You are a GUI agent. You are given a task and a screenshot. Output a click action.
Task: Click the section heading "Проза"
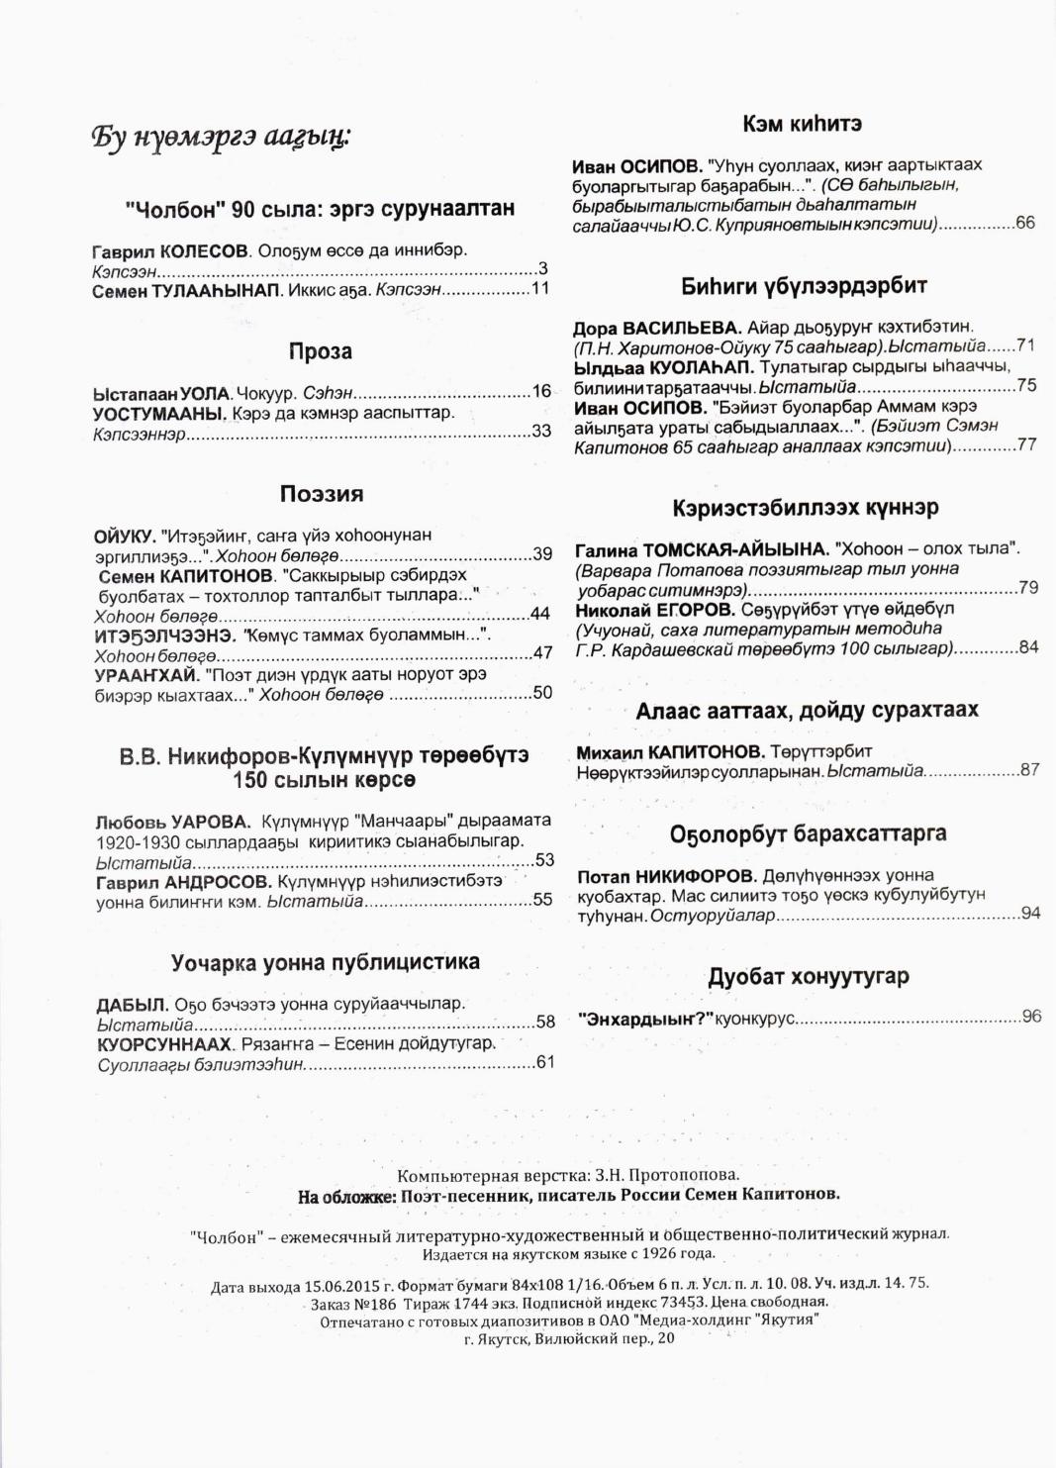320,351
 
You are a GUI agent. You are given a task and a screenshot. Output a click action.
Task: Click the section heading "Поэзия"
322,494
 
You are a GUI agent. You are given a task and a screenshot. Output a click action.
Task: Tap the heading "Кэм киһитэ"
802,124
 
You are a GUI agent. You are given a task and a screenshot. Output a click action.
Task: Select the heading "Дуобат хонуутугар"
808,977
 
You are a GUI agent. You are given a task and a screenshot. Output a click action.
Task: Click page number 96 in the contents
1031,1017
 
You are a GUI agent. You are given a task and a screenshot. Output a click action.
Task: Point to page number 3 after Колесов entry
543,269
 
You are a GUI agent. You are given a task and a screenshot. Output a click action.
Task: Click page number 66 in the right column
1025,223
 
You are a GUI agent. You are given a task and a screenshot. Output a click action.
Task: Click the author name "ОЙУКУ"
125,536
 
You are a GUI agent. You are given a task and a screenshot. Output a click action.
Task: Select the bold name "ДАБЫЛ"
133,1004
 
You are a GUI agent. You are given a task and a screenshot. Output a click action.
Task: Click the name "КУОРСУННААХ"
164,1044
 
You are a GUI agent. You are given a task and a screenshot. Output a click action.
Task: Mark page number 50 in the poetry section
542,693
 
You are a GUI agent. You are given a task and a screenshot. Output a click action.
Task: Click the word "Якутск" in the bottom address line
508,1338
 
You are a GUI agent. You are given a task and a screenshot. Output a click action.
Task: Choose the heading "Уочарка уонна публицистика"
326,962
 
